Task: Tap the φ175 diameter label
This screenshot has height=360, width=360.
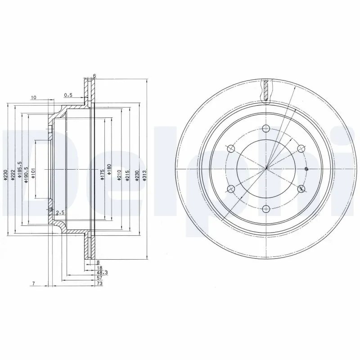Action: (102, 175)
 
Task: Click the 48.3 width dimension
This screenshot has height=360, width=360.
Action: (102, 273)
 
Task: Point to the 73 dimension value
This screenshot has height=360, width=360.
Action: (99, 284)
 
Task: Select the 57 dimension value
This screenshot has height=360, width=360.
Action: (99, 279)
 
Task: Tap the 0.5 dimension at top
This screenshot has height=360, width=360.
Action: (68, 95)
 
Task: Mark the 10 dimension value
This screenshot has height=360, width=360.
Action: (34, 97)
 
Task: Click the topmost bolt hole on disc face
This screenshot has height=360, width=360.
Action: (266, 128)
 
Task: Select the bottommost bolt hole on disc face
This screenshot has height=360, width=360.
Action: (266, 208)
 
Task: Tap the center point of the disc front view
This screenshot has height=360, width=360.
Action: (266, 169)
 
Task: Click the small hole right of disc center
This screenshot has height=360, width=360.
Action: (306, 169)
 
